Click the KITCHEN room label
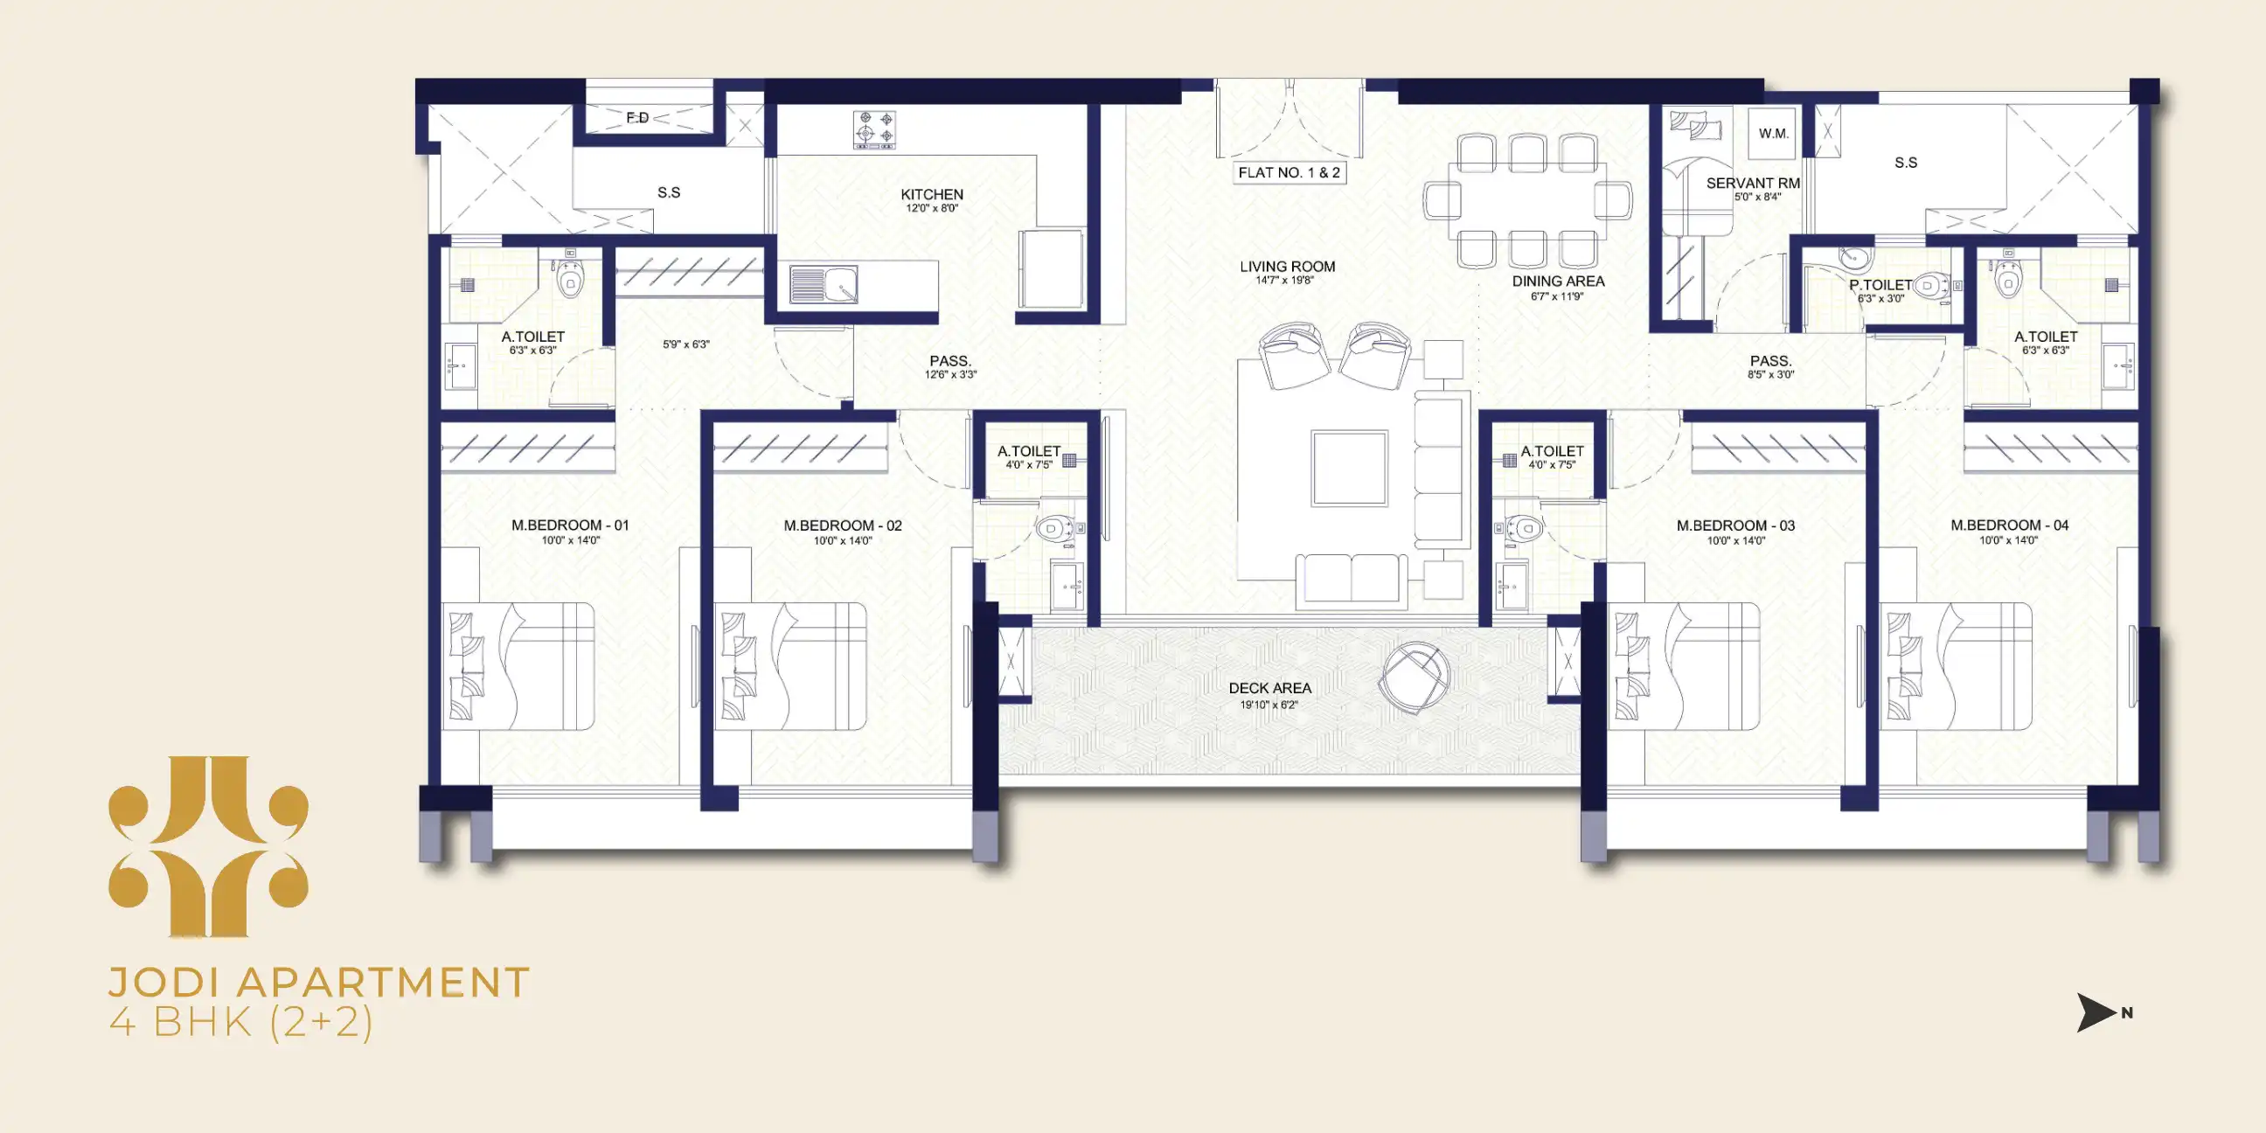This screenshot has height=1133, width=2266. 932,194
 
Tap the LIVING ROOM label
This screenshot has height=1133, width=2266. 1287,267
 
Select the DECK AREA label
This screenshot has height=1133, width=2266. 1269,688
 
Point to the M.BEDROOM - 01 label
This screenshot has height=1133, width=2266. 570,525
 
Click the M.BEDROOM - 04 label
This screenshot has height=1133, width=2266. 2009,525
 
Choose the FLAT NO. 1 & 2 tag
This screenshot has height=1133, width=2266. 1289,172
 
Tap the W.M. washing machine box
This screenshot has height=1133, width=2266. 1773,134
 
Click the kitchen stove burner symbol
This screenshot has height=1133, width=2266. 875,129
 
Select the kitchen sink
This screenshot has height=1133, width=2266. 824,284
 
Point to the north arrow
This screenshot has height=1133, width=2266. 2097,1012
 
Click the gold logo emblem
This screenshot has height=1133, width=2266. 208,846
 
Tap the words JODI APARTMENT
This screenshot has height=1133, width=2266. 318,983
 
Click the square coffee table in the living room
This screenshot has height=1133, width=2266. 1350,468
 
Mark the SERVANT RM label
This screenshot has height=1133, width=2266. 1752,183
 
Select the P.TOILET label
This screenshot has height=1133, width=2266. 1880,285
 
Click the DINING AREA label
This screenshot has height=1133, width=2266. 1558,282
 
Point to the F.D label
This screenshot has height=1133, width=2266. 638,118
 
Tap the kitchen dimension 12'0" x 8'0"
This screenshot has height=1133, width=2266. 932,208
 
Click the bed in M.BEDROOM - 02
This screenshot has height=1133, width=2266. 790,666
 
